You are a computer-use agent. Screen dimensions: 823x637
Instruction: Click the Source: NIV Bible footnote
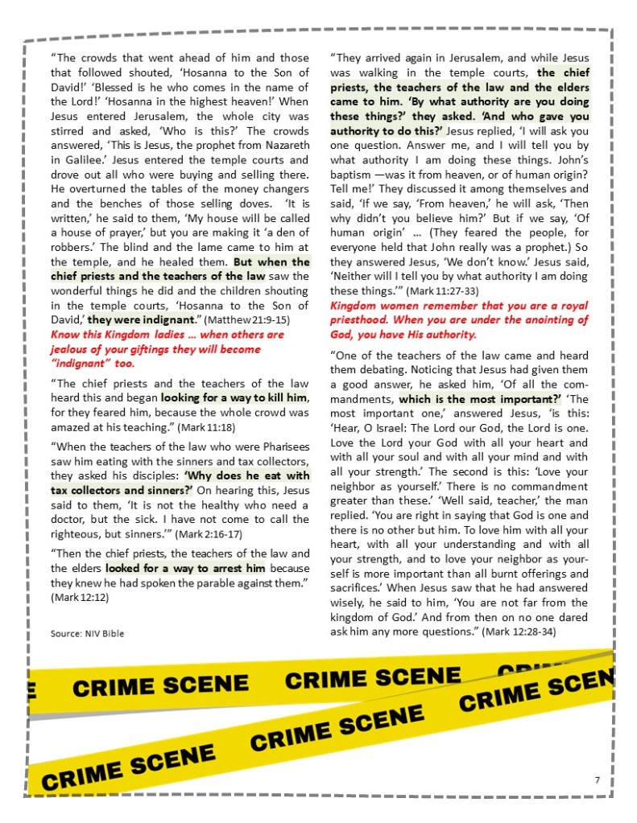(x=87, y=634)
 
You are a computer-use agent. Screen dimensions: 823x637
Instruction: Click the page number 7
(x=597, y=780)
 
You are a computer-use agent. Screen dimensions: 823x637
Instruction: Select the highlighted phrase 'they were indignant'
(x=142, y=319)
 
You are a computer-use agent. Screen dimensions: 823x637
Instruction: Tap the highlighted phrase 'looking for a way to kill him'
(x=234, y=397)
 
